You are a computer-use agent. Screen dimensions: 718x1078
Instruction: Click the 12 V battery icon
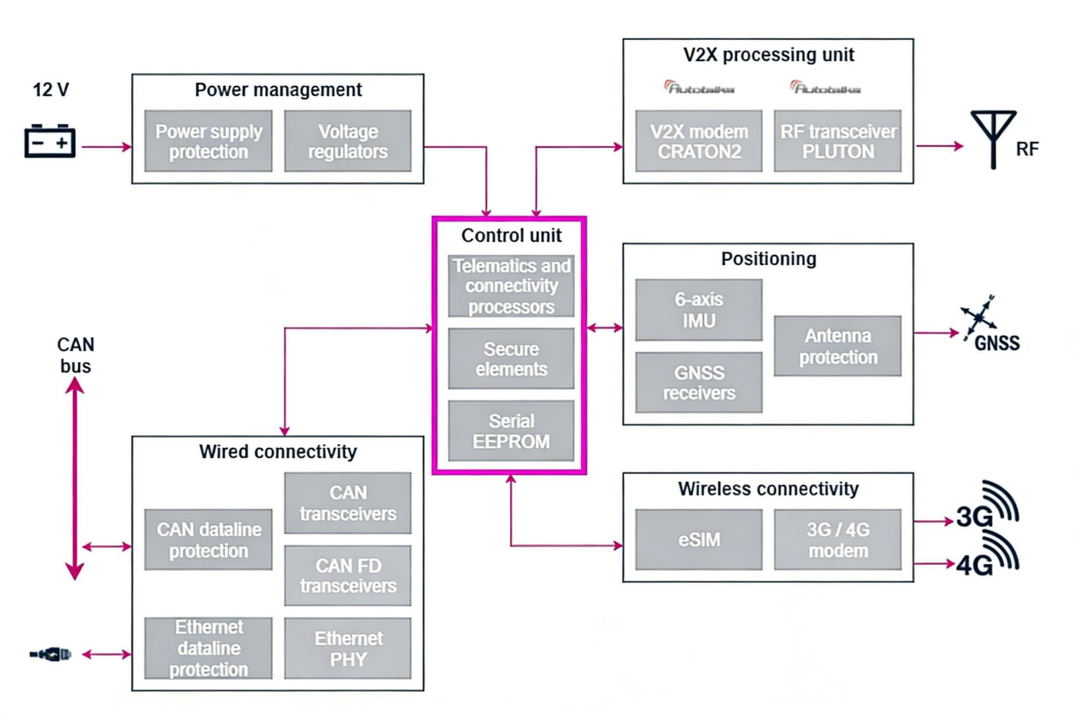point(50,141)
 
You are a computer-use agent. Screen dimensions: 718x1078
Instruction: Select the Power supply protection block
point(208,142)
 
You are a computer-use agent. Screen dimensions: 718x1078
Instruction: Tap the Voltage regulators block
point(347,142)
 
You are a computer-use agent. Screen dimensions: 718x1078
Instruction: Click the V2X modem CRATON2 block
point(699,142)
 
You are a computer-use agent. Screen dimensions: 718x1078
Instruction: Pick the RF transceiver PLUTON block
point(837,142)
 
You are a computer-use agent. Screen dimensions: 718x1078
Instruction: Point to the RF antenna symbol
point(993,138)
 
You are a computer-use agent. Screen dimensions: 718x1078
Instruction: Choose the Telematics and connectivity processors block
point(511,286)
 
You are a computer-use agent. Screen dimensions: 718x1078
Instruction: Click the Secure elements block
point(511,359)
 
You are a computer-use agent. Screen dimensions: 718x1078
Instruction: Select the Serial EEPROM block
point(511,431)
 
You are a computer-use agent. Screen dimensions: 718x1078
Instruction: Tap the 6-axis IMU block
point(698,310)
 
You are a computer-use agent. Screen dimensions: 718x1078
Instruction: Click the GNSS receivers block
point(698,382)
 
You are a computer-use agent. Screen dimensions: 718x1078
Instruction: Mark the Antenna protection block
point(837,346)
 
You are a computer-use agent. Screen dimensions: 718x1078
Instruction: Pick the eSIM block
point(698,540)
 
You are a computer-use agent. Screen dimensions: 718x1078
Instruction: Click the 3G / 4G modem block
point(837,540)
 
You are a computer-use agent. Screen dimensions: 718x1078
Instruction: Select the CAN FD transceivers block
point(347,575)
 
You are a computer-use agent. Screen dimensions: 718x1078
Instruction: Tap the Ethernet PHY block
point(347,648)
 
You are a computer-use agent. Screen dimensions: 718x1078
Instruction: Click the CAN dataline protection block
point(208,540)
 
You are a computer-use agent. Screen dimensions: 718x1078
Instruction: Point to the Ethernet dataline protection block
point(208,648)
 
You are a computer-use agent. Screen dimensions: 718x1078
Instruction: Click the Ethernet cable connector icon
point(50,654)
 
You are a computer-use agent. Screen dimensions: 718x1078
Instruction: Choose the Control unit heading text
point(511,235)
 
